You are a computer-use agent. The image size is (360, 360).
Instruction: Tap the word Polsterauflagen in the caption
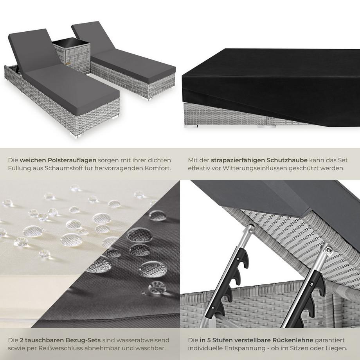[72, 160]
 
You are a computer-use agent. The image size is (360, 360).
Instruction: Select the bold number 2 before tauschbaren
[22, 340]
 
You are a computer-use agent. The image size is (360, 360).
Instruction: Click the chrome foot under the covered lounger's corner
[191, 126]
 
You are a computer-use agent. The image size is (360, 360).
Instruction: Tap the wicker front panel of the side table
[77, 59]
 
